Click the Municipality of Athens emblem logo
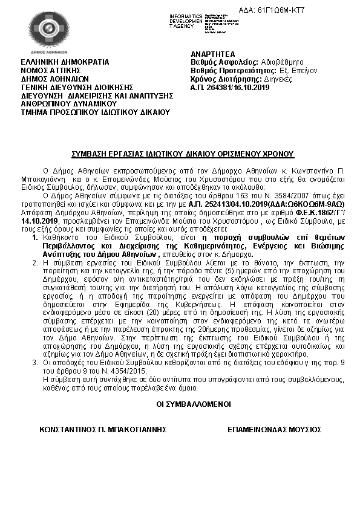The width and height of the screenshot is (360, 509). pyautogui.click(x=48, y=30)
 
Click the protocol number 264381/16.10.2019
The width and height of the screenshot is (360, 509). pyautogui.click(x=231, y=87)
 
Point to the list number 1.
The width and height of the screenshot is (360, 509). pyautogui.click(x=34, y=256)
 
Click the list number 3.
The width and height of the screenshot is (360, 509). pyautogui.click(x=34, y=361)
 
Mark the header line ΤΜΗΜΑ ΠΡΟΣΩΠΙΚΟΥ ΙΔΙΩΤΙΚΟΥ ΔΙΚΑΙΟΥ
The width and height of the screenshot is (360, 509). pyautogui.click(x=96, y=112)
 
